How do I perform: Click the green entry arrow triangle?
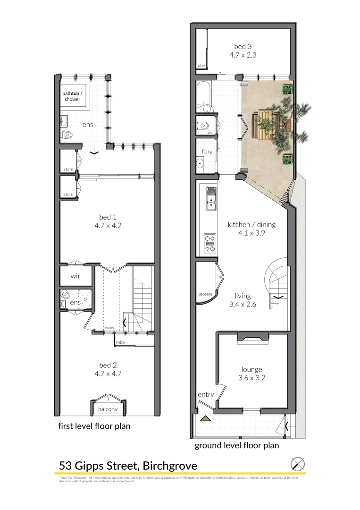pos(205,418)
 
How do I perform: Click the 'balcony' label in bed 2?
pos(108,409)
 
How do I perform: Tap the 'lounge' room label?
pos(251,370)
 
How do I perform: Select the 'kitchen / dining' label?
pos(251,224)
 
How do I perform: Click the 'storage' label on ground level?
pos(206,295)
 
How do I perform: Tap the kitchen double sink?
pos(210,198)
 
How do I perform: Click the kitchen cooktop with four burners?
pos(209,243)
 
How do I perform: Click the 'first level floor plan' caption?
pos(94,426)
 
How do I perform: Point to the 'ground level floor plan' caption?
pos(237,445)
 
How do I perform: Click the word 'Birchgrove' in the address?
pos(168,466)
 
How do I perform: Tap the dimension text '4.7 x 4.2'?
pos(108,225)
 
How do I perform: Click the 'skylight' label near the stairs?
pos(109,327)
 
